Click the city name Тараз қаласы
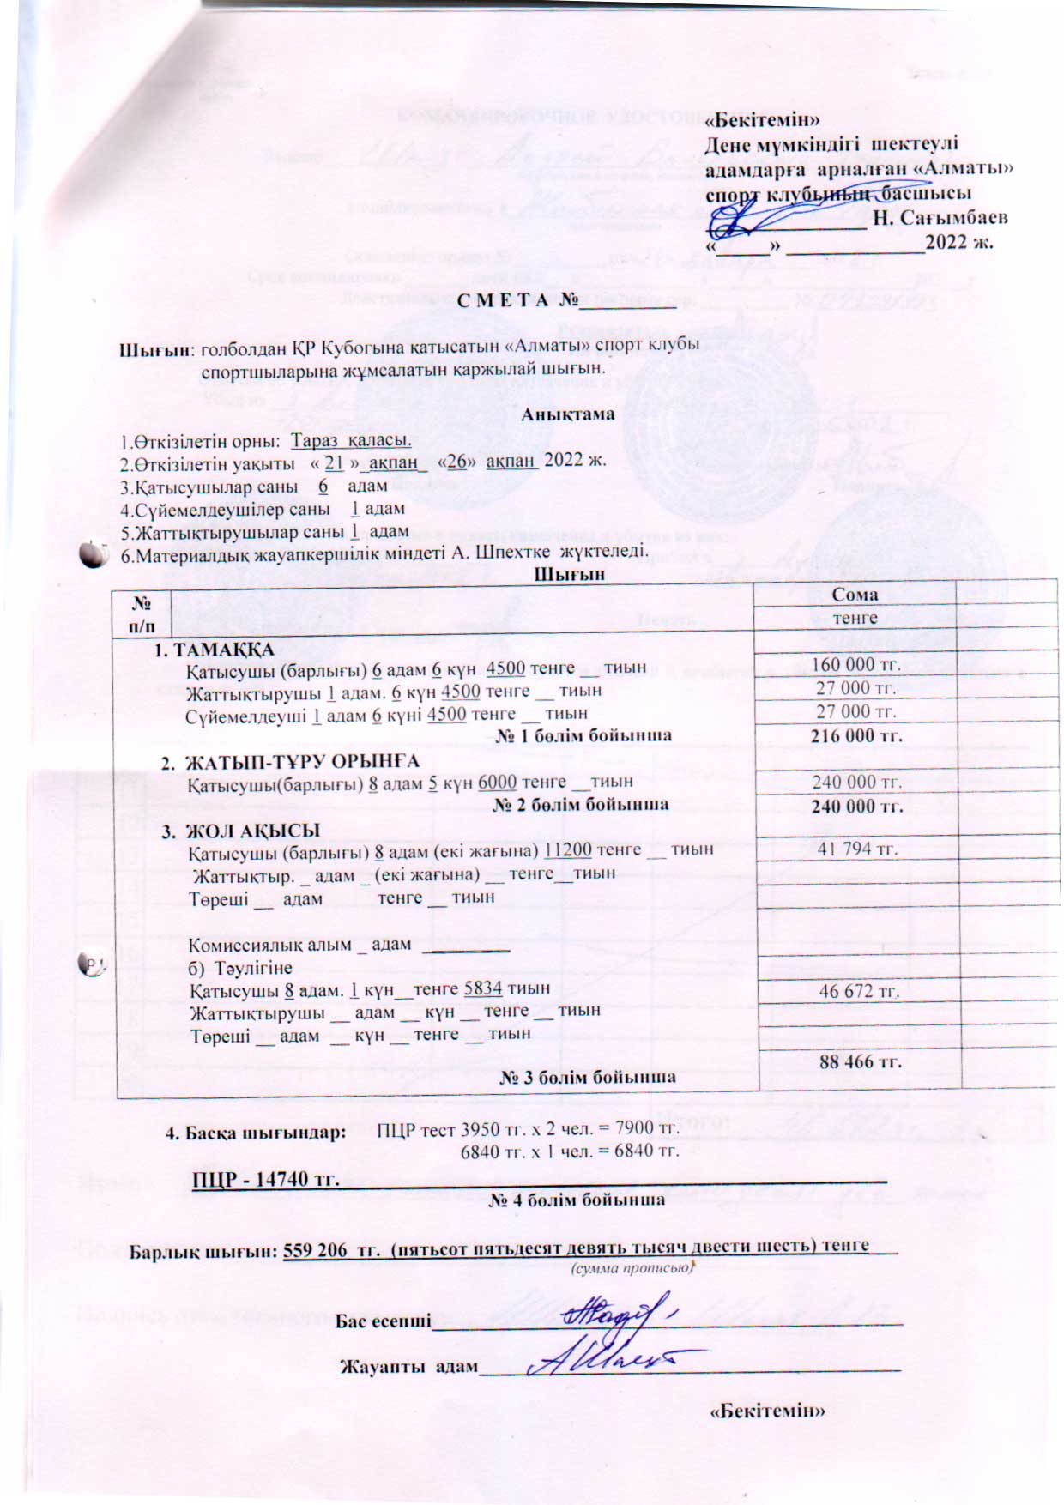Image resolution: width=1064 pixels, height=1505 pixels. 352,440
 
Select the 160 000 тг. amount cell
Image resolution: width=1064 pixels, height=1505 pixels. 856,665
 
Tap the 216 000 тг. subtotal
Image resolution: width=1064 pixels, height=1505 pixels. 856,735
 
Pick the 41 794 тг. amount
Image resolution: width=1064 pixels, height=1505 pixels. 857,849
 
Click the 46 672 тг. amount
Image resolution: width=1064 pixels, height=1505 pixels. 859,991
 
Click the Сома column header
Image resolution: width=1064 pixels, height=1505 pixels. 855,595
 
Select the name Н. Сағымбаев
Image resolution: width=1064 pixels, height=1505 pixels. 940,217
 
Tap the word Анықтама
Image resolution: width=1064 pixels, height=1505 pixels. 568,414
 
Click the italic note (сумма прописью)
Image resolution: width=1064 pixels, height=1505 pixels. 630,1266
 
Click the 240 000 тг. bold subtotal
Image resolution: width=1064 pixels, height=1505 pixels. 856,806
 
